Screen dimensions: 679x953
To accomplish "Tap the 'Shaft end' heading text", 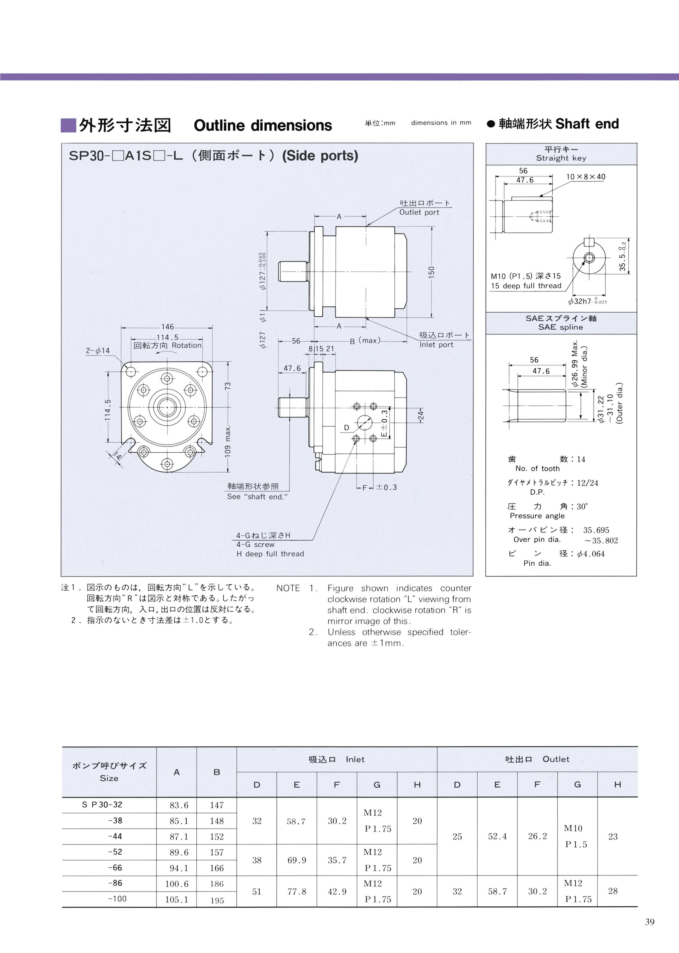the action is [x=587, y=124].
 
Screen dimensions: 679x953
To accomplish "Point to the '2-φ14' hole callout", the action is [x=98, y=350].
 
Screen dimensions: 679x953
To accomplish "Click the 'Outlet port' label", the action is [x=419, y=212].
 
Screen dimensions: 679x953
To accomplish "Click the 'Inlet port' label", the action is [x=436, y=345].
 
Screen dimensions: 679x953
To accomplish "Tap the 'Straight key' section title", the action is [x=561, y=158].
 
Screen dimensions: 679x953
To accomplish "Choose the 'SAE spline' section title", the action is [x=561, y=327].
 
